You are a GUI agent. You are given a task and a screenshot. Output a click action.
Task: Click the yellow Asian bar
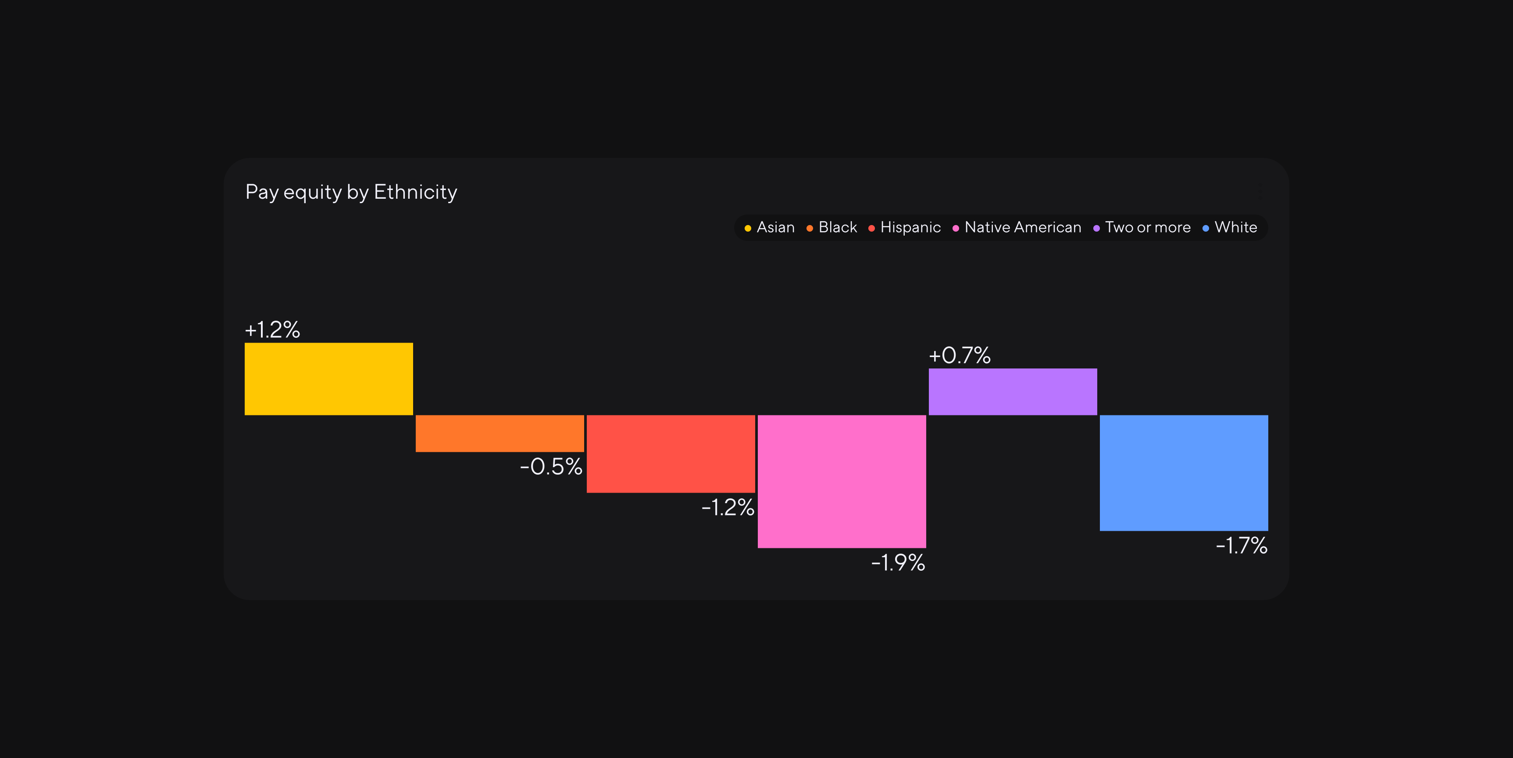tap(328, 379)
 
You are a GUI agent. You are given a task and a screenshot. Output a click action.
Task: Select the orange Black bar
tap(500, 434)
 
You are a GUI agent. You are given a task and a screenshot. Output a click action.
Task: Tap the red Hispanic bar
tap(671, 454)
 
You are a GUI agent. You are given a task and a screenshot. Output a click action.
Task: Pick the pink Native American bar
tap(842, 481)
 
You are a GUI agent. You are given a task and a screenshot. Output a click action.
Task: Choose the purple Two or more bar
tap(1013, 392)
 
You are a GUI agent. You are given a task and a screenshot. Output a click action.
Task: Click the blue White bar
tap(1184, 473)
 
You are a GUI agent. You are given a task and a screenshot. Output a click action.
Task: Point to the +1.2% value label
tap(272, 329)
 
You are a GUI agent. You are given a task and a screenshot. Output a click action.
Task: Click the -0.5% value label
tap(551, 467)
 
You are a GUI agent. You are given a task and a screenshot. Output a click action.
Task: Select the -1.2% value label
tap(728, 507)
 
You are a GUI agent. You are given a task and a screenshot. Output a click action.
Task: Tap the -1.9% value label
tap(898, 563)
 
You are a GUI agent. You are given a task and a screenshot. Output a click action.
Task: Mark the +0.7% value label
tap(960, 355)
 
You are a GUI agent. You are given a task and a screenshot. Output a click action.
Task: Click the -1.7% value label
tap(1242, 545)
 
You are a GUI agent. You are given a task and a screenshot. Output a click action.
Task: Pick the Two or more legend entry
tap(1142, 227)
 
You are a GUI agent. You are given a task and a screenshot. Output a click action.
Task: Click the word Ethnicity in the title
tap(415, 192)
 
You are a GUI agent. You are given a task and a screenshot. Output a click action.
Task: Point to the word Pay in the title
tap(261, 193)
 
